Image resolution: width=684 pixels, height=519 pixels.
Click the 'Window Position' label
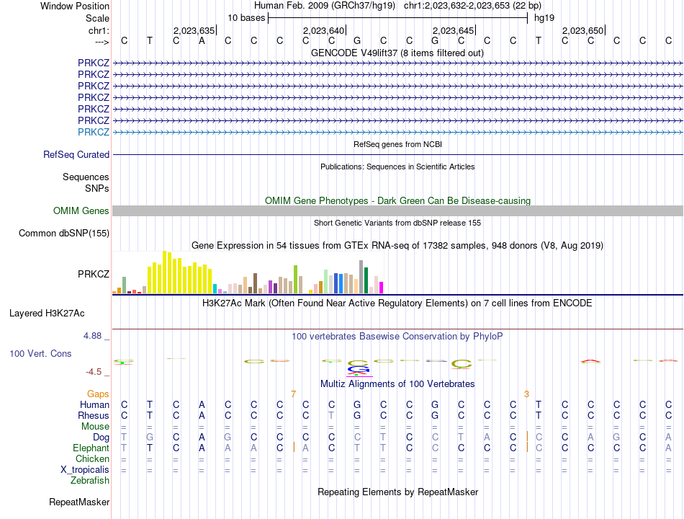point(75,6)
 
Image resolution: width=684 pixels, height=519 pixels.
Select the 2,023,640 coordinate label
point(324,30)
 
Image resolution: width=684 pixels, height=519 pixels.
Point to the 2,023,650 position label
point(582,30)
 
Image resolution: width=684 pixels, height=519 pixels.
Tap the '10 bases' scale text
point(246,18)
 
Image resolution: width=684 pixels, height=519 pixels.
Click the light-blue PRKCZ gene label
point(94,132)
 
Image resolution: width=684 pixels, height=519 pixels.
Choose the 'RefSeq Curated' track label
point(76,155)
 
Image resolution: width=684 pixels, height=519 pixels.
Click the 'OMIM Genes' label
point(81,210)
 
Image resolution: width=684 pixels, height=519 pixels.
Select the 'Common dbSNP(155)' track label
point(64,234)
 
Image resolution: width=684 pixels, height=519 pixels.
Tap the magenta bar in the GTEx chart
point(381,288)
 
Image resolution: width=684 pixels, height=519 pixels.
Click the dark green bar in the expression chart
point(366,280)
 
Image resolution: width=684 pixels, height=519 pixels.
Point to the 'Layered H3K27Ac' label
point(47,314)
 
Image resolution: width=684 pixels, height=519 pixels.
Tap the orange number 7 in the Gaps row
point(294,394)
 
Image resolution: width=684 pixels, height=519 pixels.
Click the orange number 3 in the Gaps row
point(526,394)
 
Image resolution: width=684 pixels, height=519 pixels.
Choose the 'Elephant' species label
point(91,448)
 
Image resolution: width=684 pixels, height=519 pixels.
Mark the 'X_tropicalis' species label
point(85,470)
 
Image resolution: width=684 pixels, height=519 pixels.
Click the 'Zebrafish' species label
point(90,481)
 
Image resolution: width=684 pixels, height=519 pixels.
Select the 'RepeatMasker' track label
point(79,502)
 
